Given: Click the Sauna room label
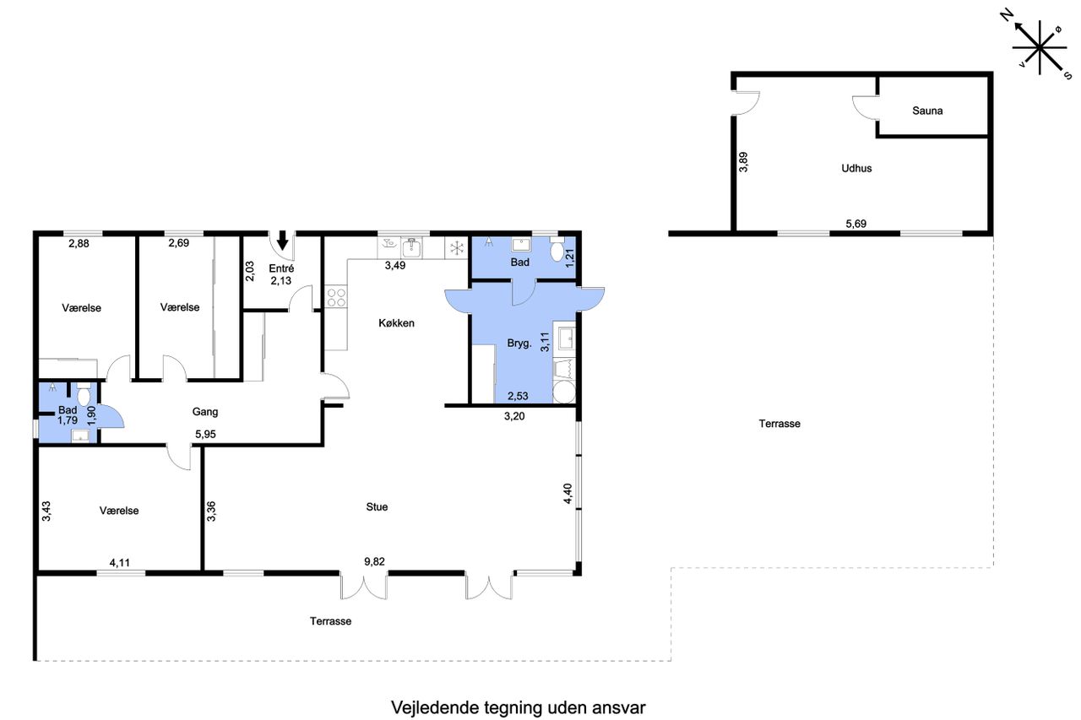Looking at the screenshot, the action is (x=927, y=111).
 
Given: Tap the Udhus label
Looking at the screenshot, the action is (x=856, y=168).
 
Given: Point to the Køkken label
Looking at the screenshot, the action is (x=396, y=323).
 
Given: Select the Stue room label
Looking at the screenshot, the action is (x=377, y=506).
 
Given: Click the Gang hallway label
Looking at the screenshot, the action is (x=204, y=412).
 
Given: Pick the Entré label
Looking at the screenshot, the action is (x=281, y=268).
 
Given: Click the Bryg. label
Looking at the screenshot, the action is (x=519, y=344).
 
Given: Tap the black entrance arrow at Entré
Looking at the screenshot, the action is (x=282, y=240).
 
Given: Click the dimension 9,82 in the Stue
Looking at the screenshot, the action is (x=374, y=561).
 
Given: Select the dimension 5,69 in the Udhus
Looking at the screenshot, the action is (x=856, y=224).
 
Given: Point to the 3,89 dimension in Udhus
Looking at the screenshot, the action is (x=743, y=162).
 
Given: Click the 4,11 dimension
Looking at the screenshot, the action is (x=120, y=562).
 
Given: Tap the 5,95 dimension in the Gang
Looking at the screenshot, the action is (x=205, y=434).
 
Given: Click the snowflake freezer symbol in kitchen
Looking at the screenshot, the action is (x=457, y=248).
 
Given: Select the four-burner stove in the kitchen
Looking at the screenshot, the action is (x=336, y=296).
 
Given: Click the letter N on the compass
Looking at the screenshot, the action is (x=1006, y=16).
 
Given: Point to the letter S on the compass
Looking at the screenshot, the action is (x=1068, y=75).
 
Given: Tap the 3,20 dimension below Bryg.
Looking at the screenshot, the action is (x=514, y=416).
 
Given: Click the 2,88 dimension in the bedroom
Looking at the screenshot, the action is (x=79, y=244).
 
